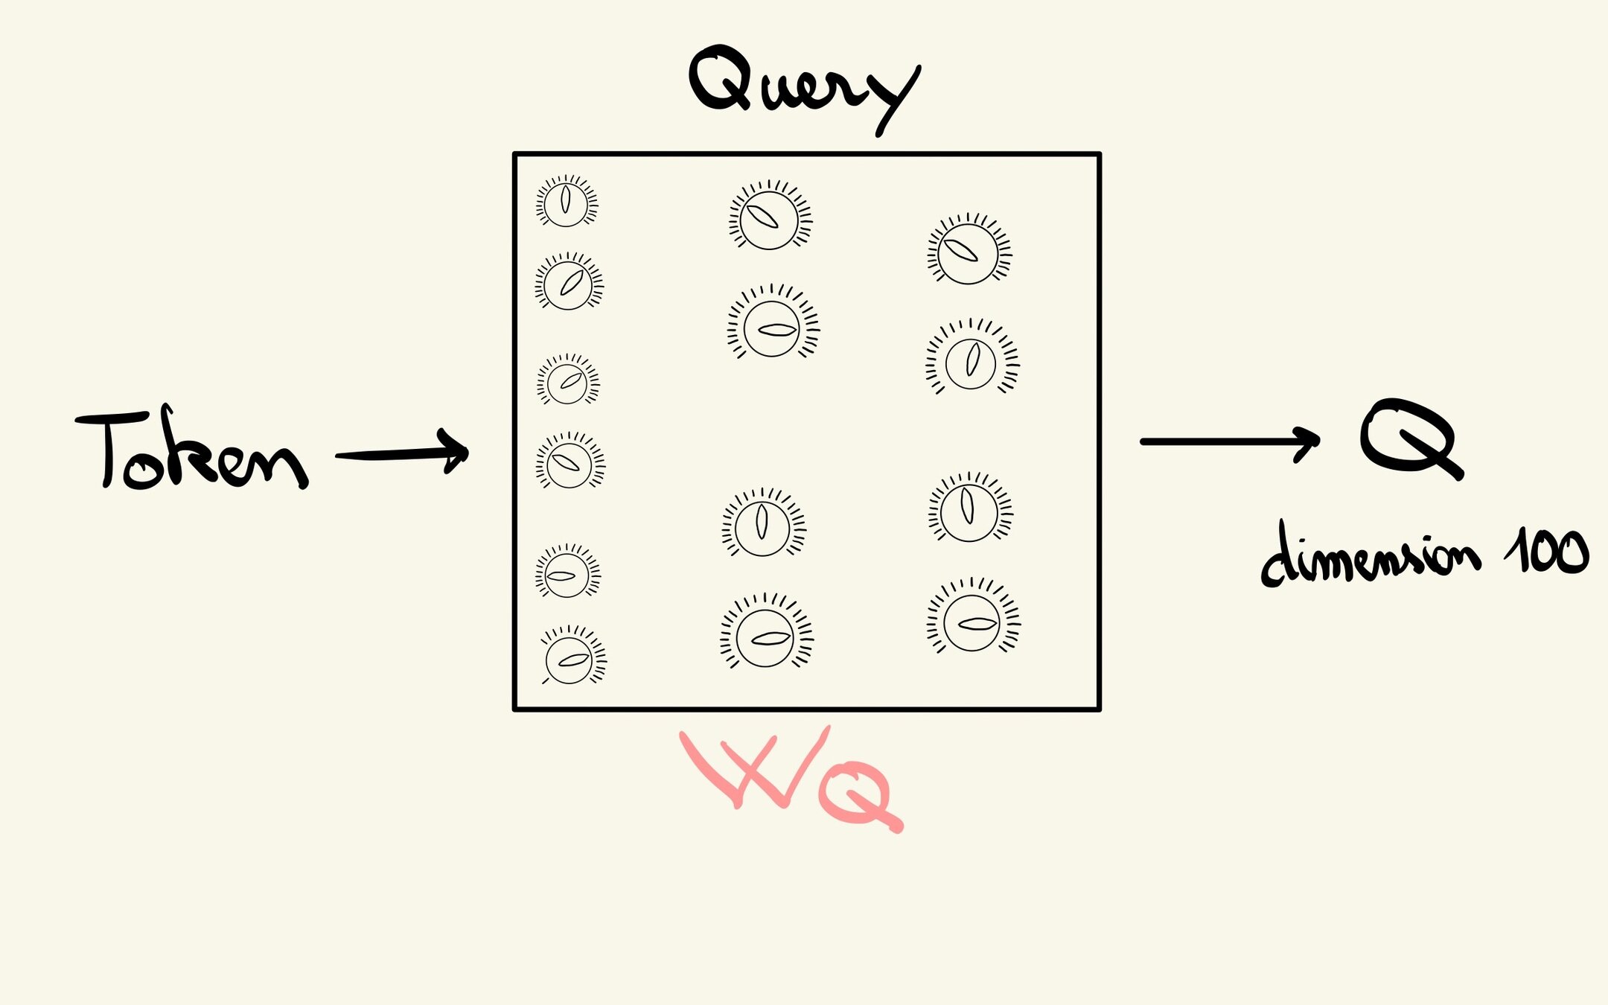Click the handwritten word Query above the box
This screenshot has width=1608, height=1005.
(x=804, y=86)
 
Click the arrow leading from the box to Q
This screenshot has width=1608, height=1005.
(x=1228, y=442)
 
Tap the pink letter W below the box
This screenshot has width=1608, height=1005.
(x=752, y=770)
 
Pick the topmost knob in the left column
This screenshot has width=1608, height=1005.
(x=566, y=202)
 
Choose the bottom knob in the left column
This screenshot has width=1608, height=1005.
(x=569, y=659)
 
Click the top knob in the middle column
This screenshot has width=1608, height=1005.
(x=769, y=218)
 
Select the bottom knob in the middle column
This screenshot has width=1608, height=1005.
(x=765, y=636)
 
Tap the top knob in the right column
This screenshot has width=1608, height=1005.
(x=968, y=252)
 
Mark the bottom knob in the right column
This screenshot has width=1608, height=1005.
(x=972, y=622)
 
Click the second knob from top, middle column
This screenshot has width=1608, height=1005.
(x=772, y=328)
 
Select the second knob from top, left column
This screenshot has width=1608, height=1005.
(x=569, y=284)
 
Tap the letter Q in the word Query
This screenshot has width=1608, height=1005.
(x=718, y=78)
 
